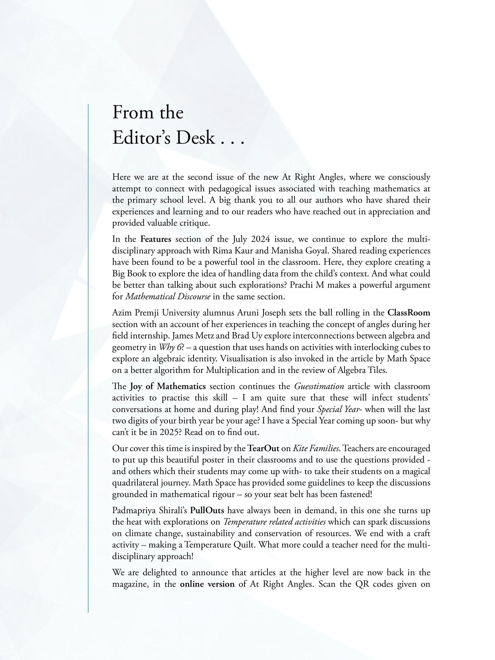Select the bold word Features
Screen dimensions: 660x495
click(x=156, y=239)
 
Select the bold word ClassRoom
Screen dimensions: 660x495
click(x=409, y=313)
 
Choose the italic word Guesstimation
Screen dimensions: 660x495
click(x=319, y=386)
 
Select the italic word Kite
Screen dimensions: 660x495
click(x=299, y=448)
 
